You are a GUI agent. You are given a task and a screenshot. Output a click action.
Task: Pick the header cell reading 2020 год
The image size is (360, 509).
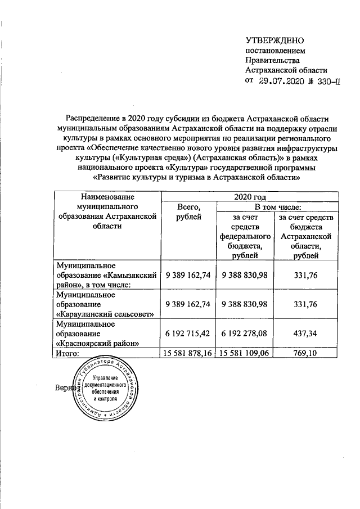(x=251, y=197)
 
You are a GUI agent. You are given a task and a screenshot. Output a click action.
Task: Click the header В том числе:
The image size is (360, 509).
(x=278, y=208)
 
